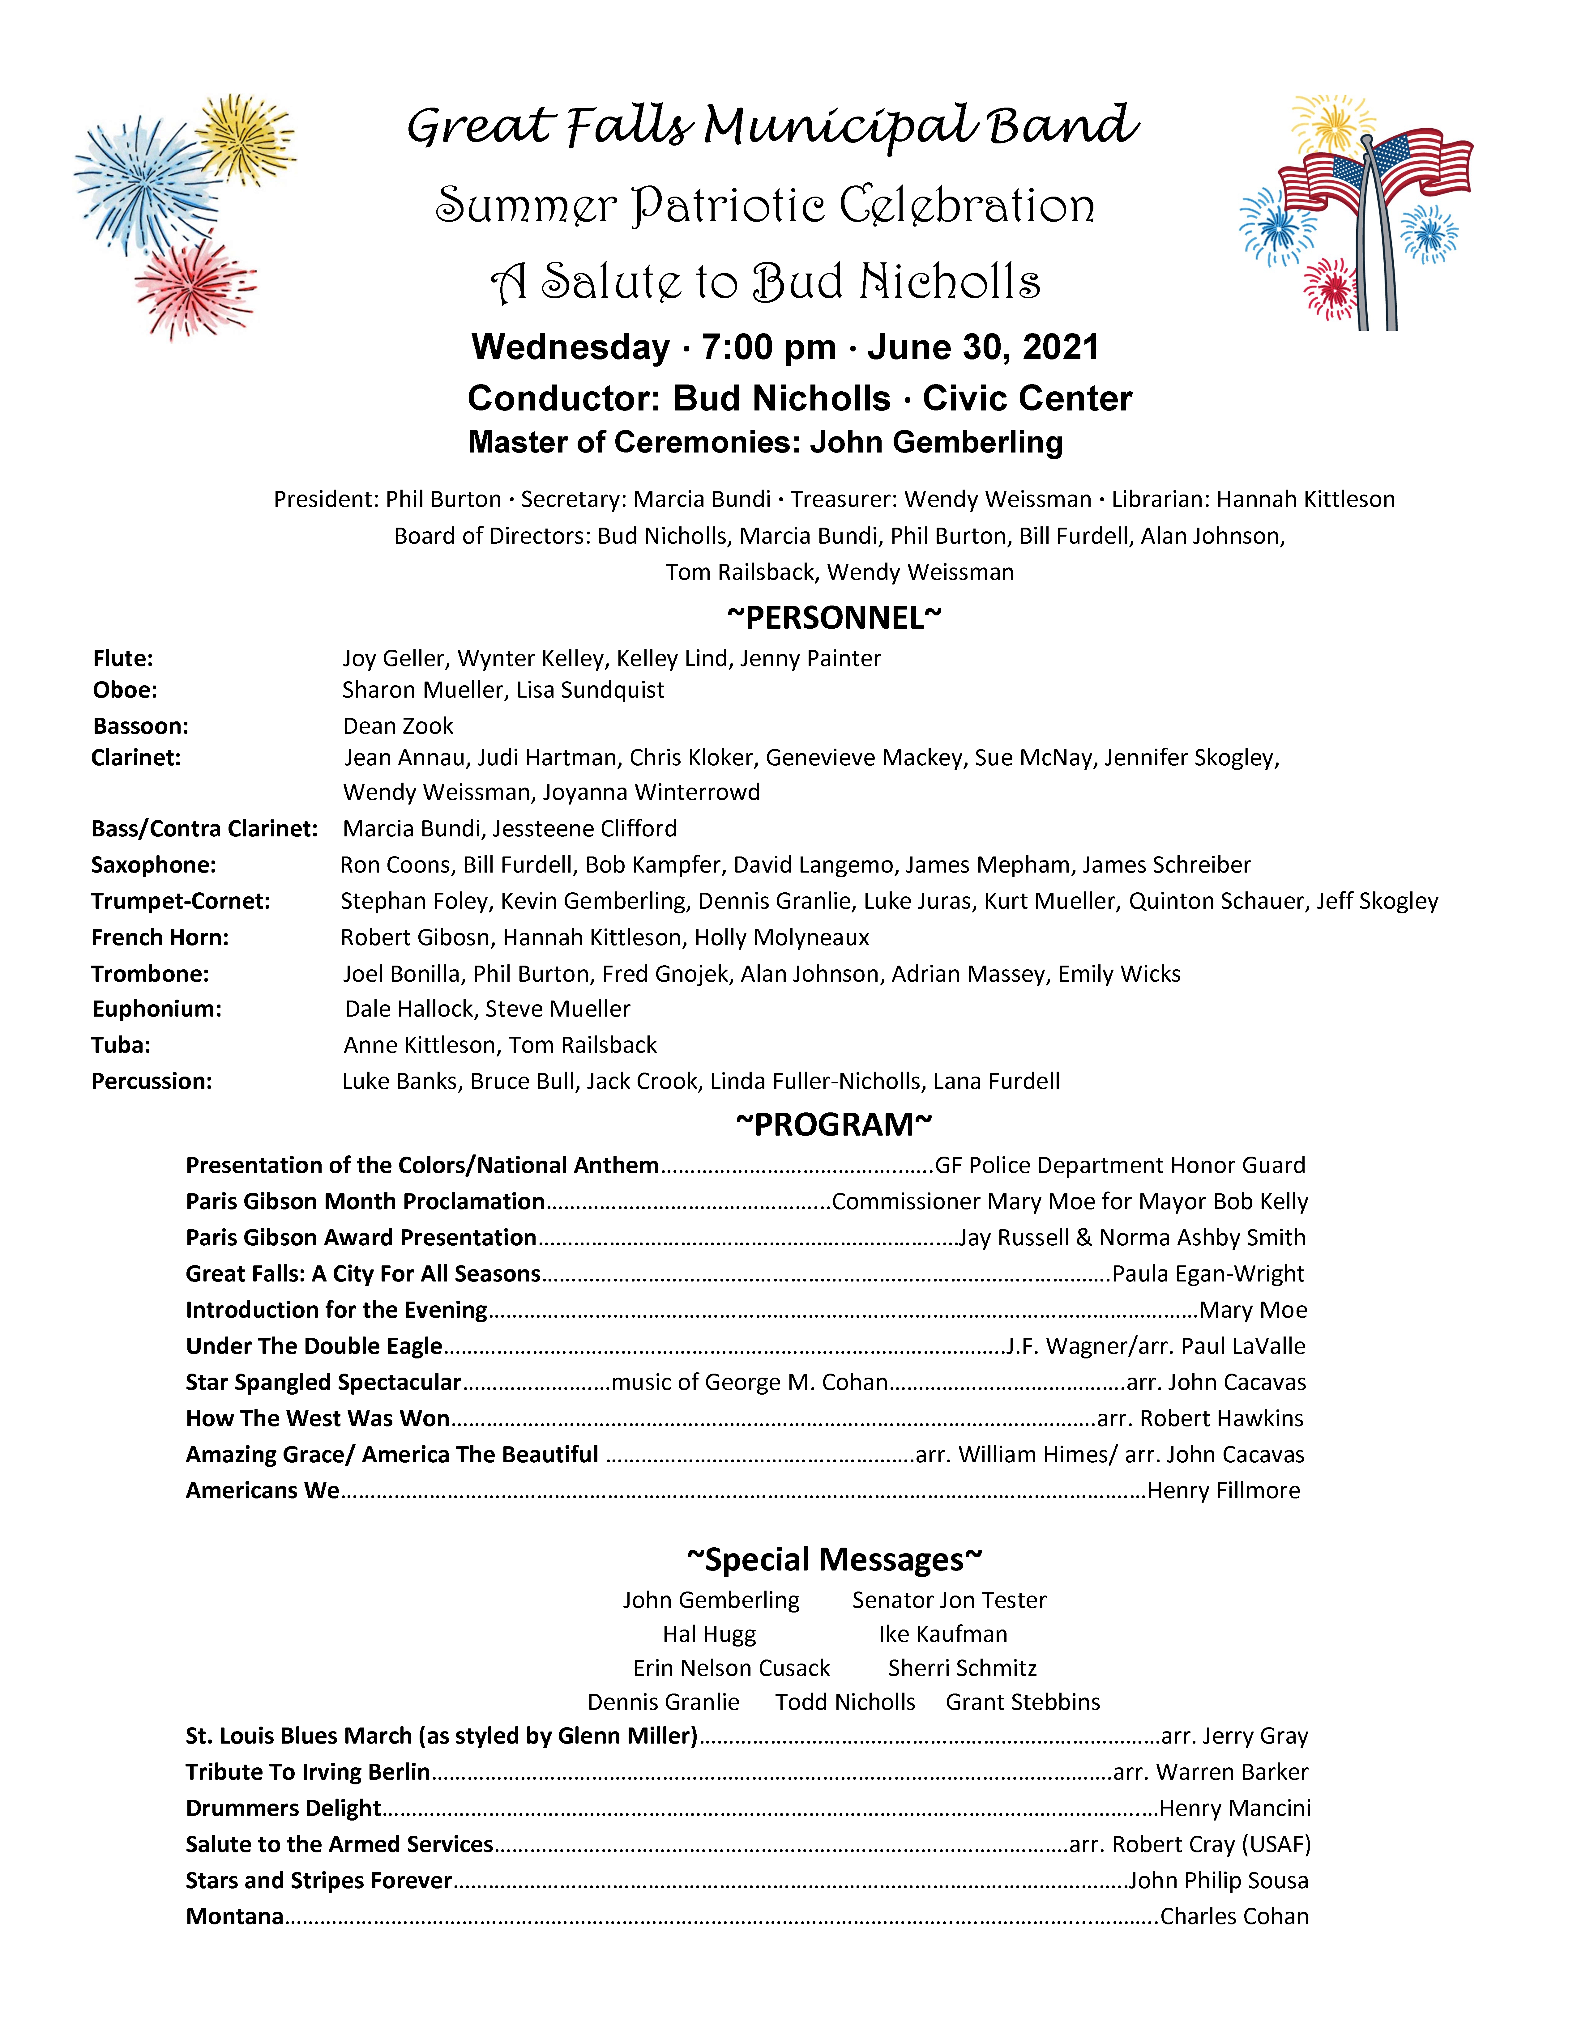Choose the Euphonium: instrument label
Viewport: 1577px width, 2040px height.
[x=157, y=1009]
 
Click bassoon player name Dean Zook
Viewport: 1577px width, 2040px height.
[x=398, y=726]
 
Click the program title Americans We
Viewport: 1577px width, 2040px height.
[x=263, y=1491]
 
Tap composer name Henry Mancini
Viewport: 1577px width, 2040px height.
[x=1234, y=1808]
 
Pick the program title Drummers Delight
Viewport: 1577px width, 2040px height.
[x=283, y=1808]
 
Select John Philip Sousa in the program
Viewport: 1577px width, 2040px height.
[x=1218, y=1880]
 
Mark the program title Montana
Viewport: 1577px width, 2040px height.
[x=234, y=1917]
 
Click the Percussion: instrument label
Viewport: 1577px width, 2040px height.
[x=151, y=1082]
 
